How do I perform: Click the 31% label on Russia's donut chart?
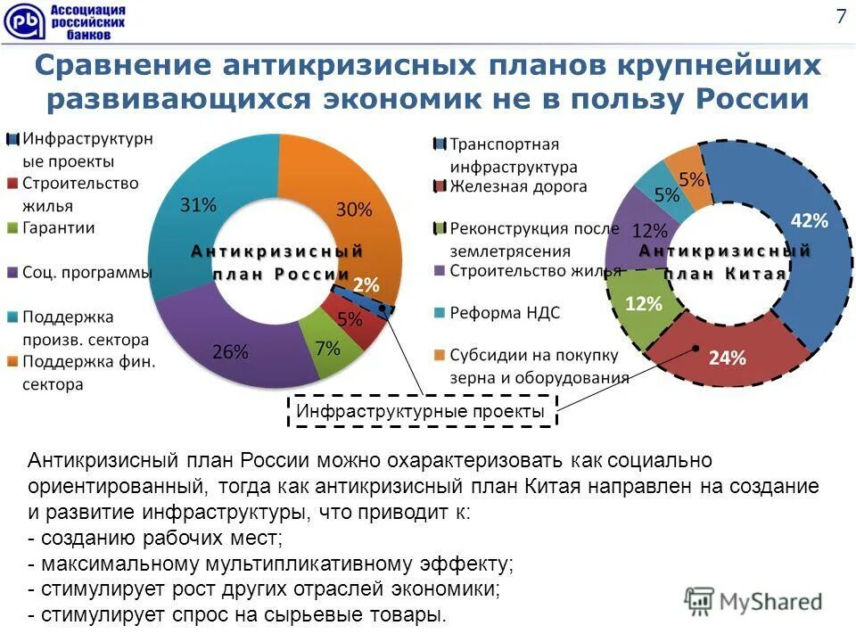point(198,204)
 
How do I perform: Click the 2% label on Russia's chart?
point(366,285)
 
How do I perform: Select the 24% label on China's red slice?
point(727,358)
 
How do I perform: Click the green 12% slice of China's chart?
point(645,308)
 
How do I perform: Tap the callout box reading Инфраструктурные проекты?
point(420,412)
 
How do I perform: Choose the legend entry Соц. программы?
point(86,272)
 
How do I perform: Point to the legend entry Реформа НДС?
point(504,313)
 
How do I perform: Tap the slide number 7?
point(840,16)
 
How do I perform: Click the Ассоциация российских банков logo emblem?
point(22,21)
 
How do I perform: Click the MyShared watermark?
point(753,602)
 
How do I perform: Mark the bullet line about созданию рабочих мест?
point(156,539)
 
